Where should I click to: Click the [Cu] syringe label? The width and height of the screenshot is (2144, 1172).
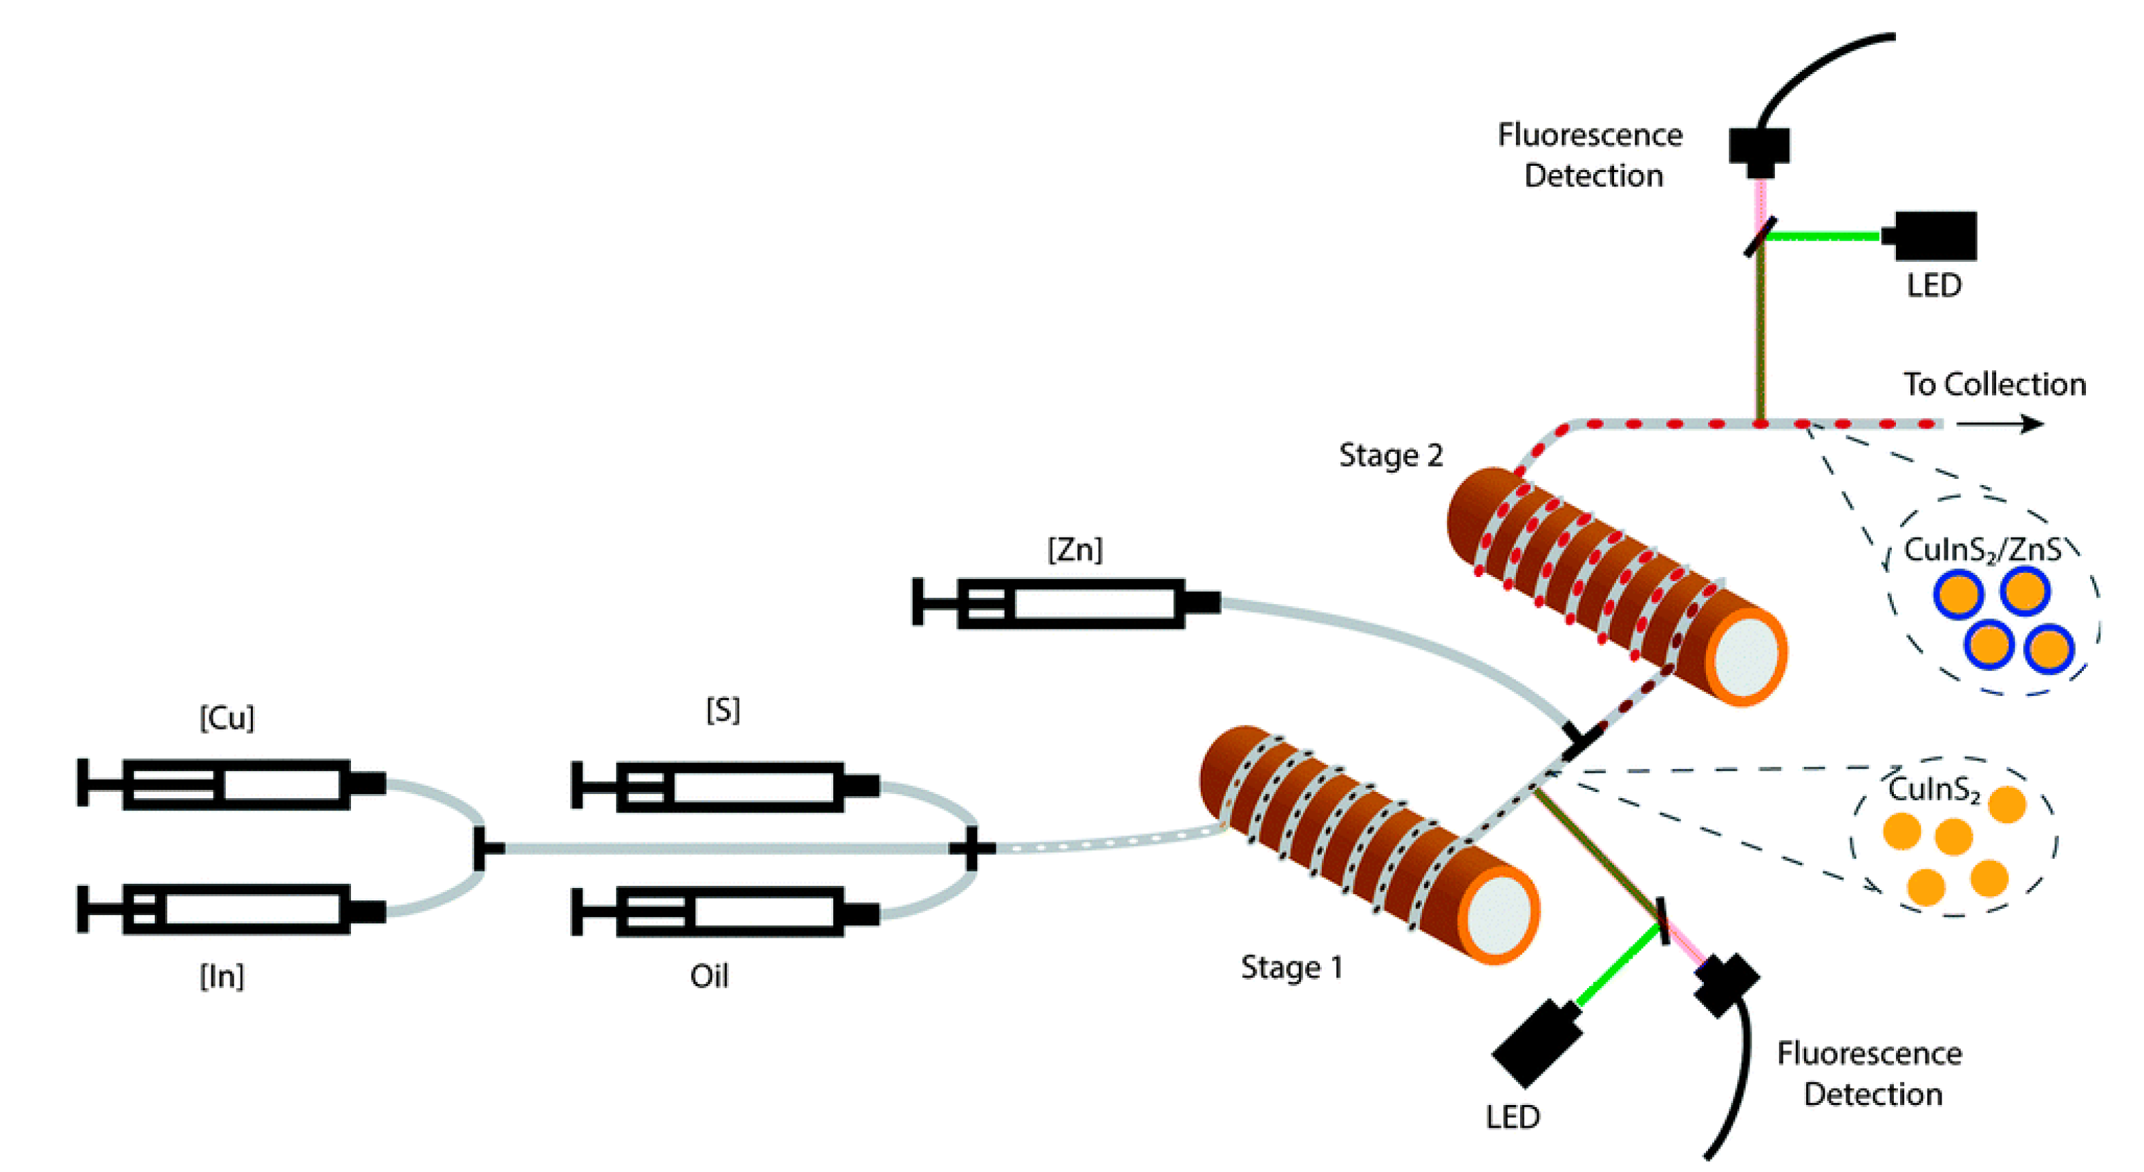point(227,717)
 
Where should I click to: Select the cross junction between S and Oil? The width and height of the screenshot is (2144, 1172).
point(971,848)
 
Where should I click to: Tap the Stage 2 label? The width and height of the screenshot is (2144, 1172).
point(1390,455)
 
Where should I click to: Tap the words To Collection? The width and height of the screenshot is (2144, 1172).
point(1994,384)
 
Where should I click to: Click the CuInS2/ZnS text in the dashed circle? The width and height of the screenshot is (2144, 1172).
point(1982,549)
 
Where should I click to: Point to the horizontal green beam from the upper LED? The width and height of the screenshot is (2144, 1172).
point(1823,236)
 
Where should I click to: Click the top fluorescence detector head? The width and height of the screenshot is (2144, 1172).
point(1758,149)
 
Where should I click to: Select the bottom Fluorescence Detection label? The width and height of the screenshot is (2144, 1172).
point(1869,1074)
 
